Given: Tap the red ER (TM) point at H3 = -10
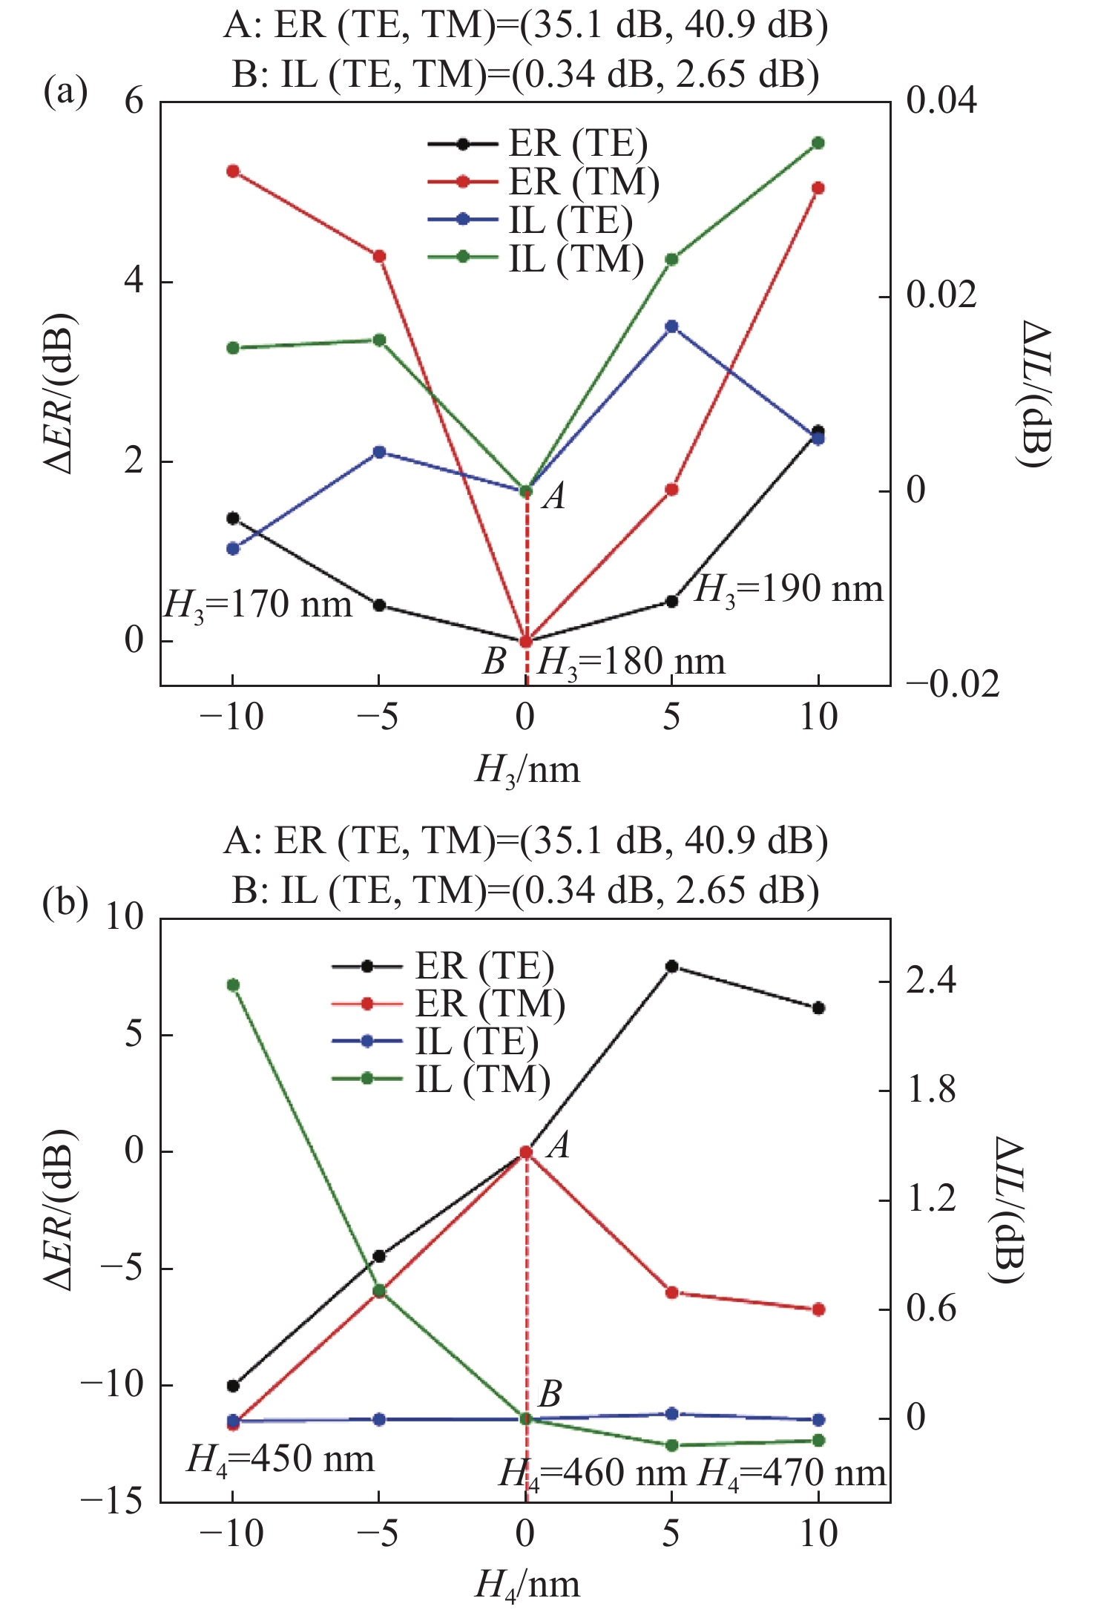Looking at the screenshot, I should pyautogui.click(x=233, y=171).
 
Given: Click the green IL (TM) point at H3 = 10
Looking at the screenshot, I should pyautogui.click(x=818, y=143).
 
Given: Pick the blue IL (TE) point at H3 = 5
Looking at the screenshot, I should pyautogui.click(x=672, y=326).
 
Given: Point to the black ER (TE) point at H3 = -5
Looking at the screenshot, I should pyautogui.click(x=379, y=605).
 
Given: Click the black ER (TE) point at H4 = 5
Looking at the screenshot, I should pyautogui.click(x=672, y=966).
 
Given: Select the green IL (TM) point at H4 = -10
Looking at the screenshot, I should pyautogui.click(x=233, y=985).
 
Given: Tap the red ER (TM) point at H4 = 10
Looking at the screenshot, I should pyautogui.click(x=818, y=1310).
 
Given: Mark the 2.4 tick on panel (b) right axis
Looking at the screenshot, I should pyautogui.click(x=932, y=982).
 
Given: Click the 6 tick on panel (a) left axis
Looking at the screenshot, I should pyautogui.click(x=134, y=102).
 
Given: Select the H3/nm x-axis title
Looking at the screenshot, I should pyautogui.click(x=527, y=770).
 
